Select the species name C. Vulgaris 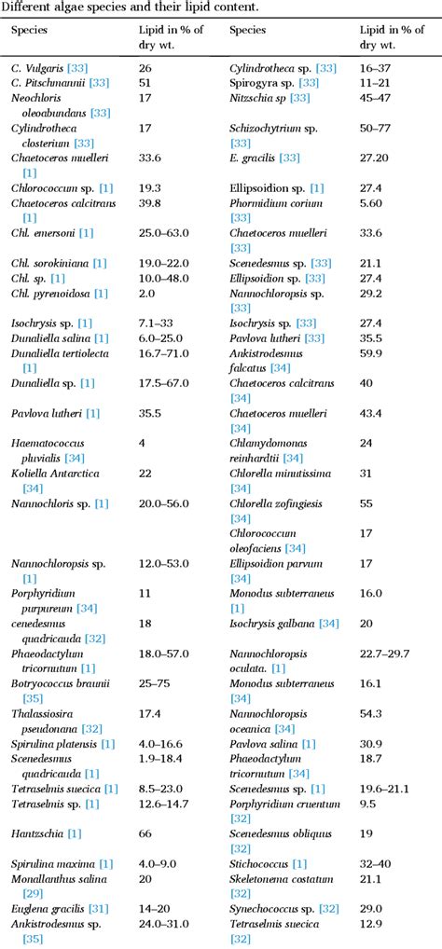point(38,69)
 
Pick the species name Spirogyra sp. point(265,83)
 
